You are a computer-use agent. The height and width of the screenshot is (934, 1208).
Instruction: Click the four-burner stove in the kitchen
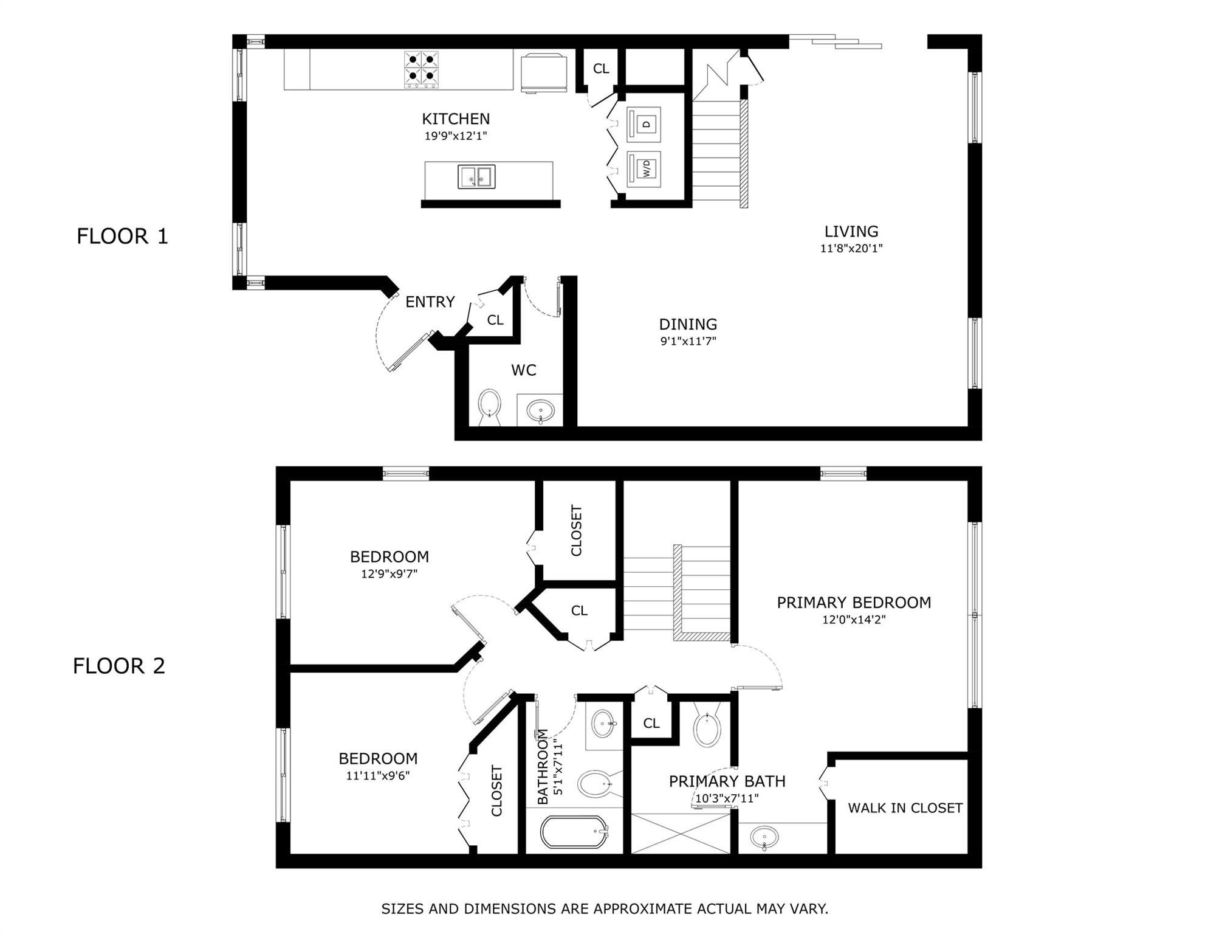pyautogui.click(x=421, y=69)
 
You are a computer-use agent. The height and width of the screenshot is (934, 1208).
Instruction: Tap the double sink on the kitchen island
pyautogui.click(x=476, y=176)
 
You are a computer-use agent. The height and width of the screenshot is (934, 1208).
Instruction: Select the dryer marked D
pyautogui.click(x=643, y=125)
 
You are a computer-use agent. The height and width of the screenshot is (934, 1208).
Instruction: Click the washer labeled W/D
pyautogui.click(x=643, y=168)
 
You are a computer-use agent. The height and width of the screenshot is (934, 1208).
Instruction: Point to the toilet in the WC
pyautogui.click(x=489, y=406)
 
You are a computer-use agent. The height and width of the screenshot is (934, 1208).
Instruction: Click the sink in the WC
pyautogui.click(x=539, y=410)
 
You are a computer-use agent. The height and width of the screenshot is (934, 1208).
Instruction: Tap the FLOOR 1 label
pyautogui.click(x=122, y=236)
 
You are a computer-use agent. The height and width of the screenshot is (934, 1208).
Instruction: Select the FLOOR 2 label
pyautogui.click(x=119, y=666)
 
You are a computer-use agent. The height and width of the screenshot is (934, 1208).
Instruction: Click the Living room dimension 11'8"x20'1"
pyautogui.click(x=851, y=248)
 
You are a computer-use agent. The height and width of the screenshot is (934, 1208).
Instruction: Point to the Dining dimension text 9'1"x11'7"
pyautogui.click(x=688, y=341)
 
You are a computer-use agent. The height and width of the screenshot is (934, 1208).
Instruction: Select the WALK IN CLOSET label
pyautogui.click(x=905, y=808)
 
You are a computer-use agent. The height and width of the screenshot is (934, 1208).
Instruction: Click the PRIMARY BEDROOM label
pyautogui.click(x=854, y=603)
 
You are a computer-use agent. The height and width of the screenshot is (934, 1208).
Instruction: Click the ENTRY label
pyautogui.click(x=430, y=302)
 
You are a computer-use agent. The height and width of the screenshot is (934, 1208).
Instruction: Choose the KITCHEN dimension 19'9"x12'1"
pyautogui.click(x=456, y=136)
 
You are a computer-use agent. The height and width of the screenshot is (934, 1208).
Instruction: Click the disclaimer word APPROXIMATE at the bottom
pyautogui.click(x=643, y=909)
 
